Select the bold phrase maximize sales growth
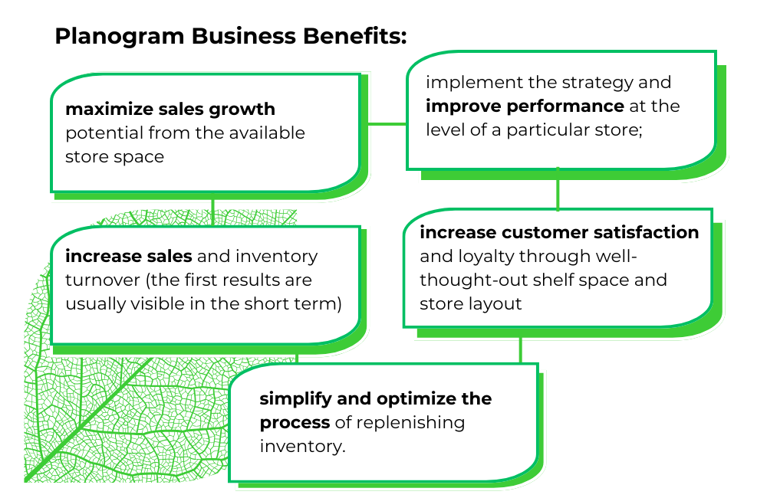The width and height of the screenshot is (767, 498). (170, 110)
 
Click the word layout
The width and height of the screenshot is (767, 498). (495, 303)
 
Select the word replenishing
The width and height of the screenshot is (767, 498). (417, 422)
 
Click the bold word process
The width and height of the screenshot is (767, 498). (295, 422)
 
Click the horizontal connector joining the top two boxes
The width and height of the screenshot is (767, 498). (387, 123)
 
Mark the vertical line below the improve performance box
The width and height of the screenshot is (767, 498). (558, 189)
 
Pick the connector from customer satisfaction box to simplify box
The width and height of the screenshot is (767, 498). (520, 349)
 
